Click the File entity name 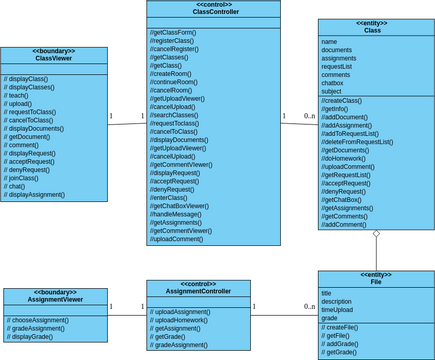pos(375,281)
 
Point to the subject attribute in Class pos(334,91)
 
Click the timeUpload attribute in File pos(339,310)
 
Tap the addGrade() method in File pos(346,344)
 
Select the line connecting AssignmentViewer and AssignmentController pos(127,315)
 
